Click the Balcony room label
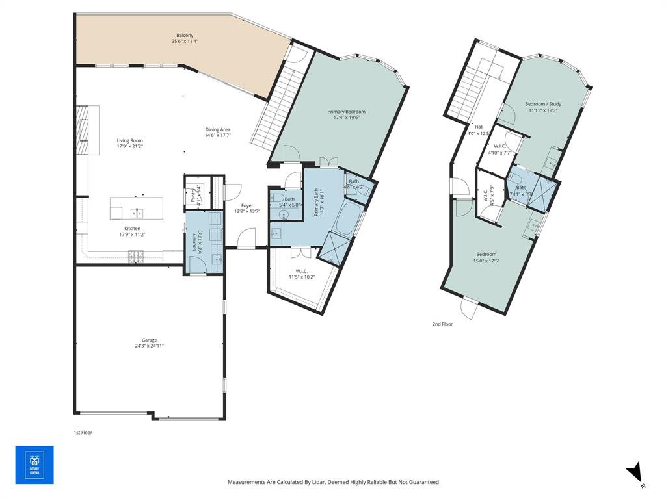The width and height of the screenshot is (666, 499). [x=185, y=35]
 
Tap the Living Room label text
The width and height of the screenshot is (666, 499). [x=129, y=140]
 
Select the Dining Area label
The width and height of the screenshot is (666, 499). [x=217, y=129]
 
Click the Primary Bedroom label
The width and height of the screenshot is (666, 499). [x=346, y=112]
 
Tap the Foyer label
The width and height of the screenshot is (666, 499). [x=247, y=205]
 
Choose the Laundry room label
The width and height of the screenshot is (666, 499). [x=194, y=242]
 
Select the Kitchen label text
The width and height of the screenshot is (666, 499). [x=133, y=229]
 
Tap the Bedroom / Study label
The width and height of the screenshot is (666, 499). [x=543, y=104]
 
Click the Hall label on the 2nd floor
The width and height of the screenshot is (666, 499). [x=479, y=127]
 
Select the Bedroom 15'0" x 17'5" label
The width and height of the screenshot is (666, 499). [x=486, y=254]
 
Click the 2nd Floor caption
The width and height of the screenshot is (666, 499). [x=442, y=324]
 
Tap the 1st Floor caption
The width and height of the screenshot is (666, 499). [x=83, y=431]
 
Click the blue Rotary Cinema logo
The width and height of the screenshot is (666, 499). [x=34, y=465]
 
